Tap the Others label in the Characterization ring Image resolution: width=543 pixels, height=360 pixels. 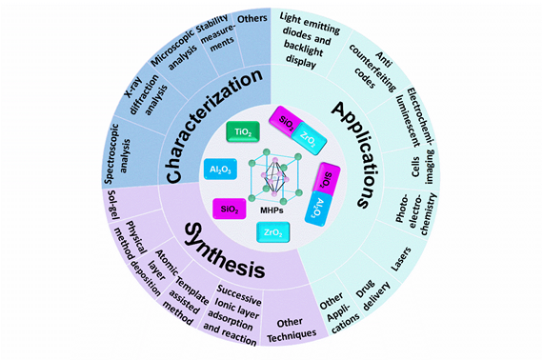click(253, 22)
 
